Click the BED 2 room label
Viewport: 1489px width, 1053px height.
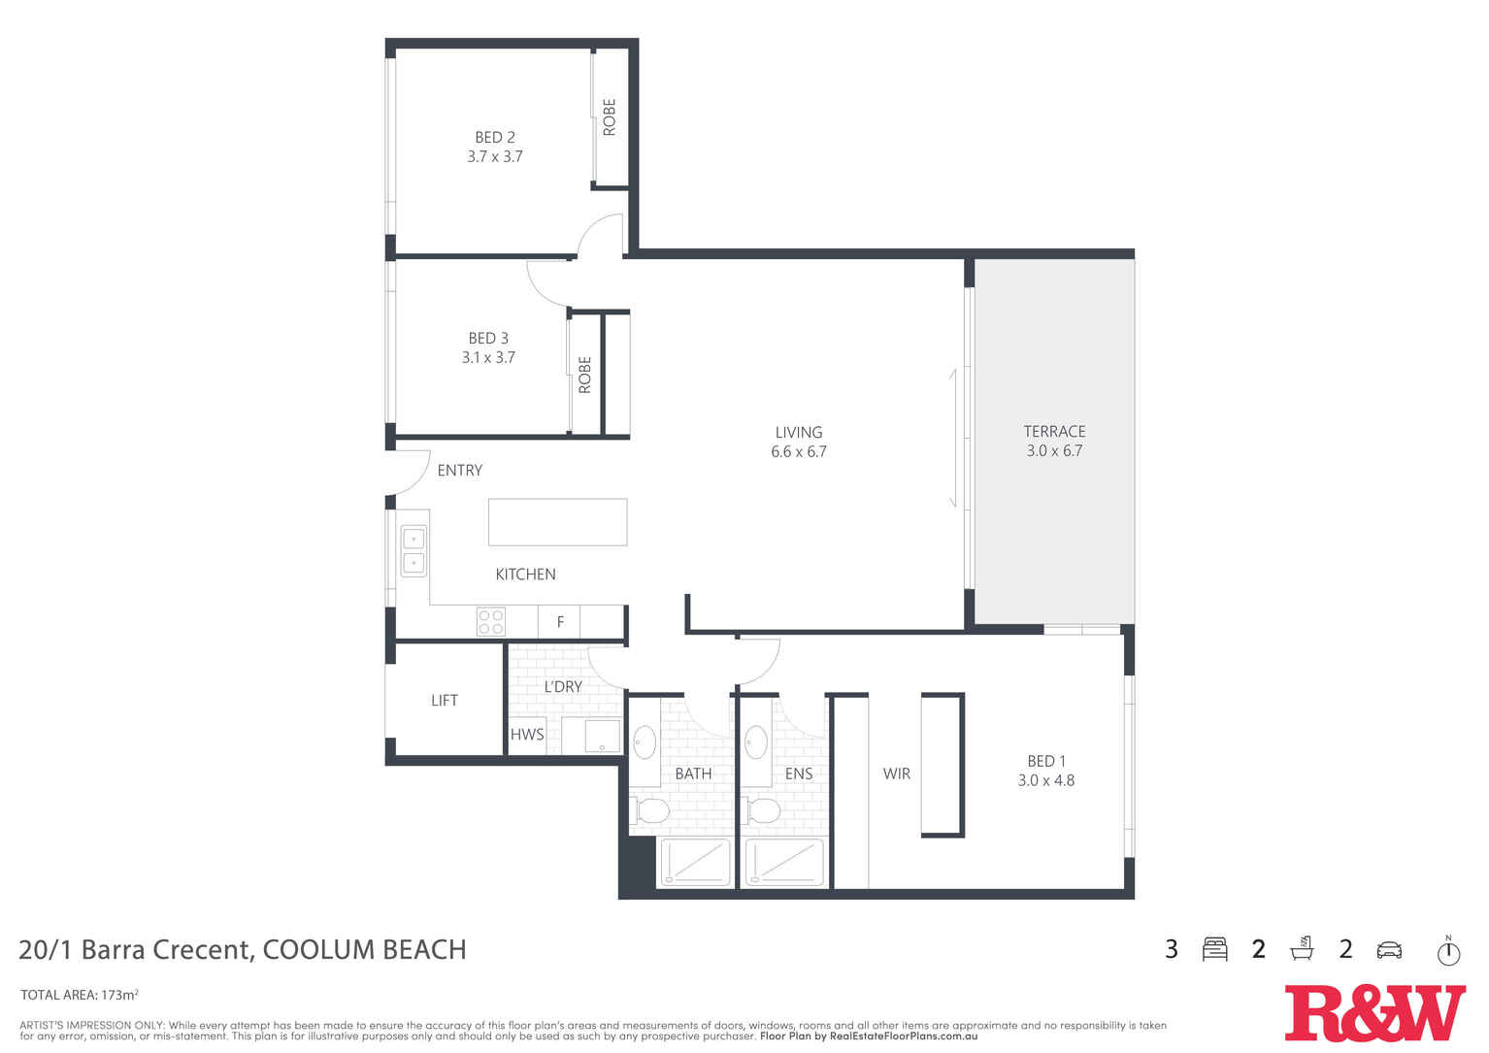pos(494,138)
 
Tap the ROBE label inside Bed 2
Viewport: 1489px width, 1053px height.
pos(610,117)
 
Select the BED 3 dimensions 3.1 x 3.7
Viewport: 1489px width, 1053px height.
pos(488,357)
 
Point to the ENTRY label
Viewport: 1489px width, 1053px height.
pos(459,471)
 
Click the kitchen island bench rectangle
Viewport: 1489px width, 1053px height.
pos(557,522)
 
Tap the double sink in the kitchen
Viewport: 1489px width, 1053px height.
pos(414,550)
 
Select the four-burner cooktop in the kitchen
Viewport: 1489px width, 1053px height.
pos(490,621)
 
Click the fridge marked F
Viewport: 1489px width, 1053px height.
pos(560,622)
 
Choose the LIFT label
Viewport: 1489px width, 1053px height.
pos(444,701)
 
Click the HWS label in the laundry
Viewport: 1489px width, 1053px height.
pos(527,735)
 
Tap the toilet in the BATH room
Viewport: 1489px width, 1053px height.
pos(650,810)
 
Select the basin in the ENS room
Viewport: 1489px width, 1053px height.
pos(756,743)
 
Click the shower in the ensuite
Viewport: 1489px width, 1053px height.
pos(784,862)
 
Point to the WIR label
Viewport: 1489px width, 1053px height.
pos(896,774)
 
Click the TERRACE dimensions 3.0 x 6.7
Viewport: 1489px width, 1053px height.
pos(1054,451)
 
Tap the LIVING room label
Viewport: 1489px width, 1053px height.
pos(798,433)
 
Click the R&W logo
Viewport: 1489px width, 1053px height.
pos(1374,1012)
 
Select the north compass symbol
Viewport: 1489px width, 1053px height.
pos(1448,951)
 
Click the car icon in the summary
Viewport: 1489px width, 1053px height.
pos(1389,950)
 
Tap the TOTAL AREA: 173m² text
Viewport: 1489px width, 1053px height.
pos(80,995)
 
